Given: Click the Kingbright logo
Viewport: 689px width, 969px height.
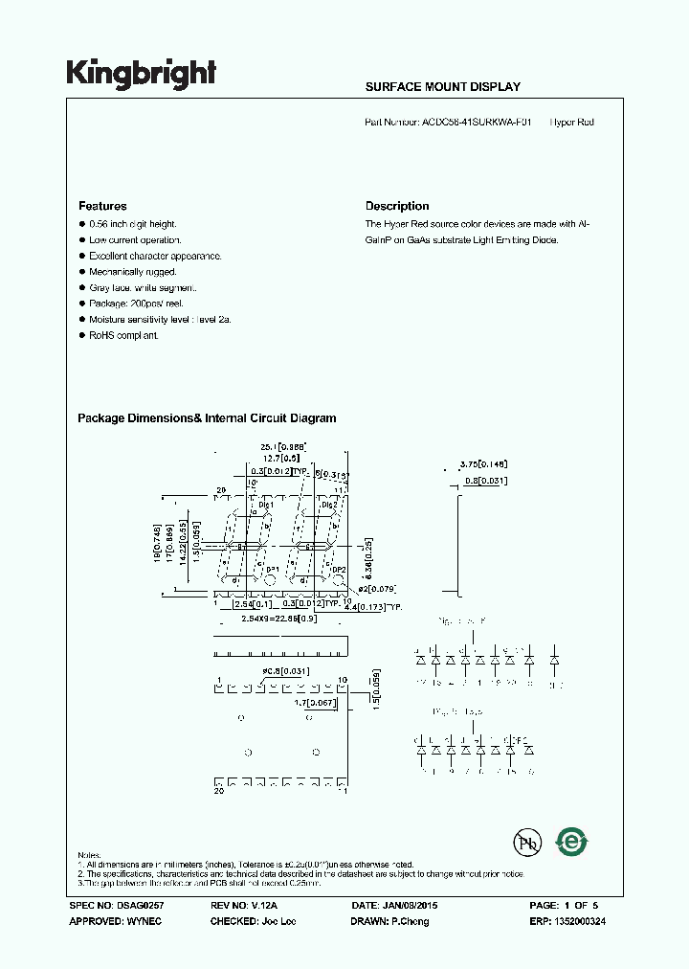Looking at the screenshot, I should pyautogui.click(x=141, y=74).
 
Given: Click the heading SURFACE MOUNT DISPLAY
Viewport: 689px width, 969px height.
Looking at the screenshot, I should pyautogui.click(x=442, y=87).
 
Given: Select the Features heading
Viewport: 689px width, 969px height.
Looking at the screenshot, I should pyautogui.click(x=102, y=206).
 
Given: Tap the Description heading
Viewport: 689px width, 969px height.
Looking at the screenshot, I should pyautogui.click(x=397, y=206).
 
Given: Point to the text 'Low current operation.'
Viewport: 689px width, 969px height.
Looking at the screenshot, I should pyautogui.click(x=135, y=240).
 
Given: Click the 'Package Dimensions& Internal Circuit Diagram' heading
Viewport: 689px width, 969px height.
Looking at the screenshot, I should pyautogui.click(x=207, y=418).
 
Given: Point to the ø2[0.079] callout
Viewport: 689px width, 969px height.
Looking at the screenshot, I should pyautogui.click(x=373, y=588).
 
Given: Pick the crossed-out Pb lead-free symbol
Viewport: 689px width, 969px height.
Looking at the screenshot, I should pyautogui.click(x=525, y=843).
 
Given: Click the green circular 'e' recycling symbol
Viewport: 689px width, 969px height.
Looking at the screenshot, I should pyautogui.click(x=573, y=843).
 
